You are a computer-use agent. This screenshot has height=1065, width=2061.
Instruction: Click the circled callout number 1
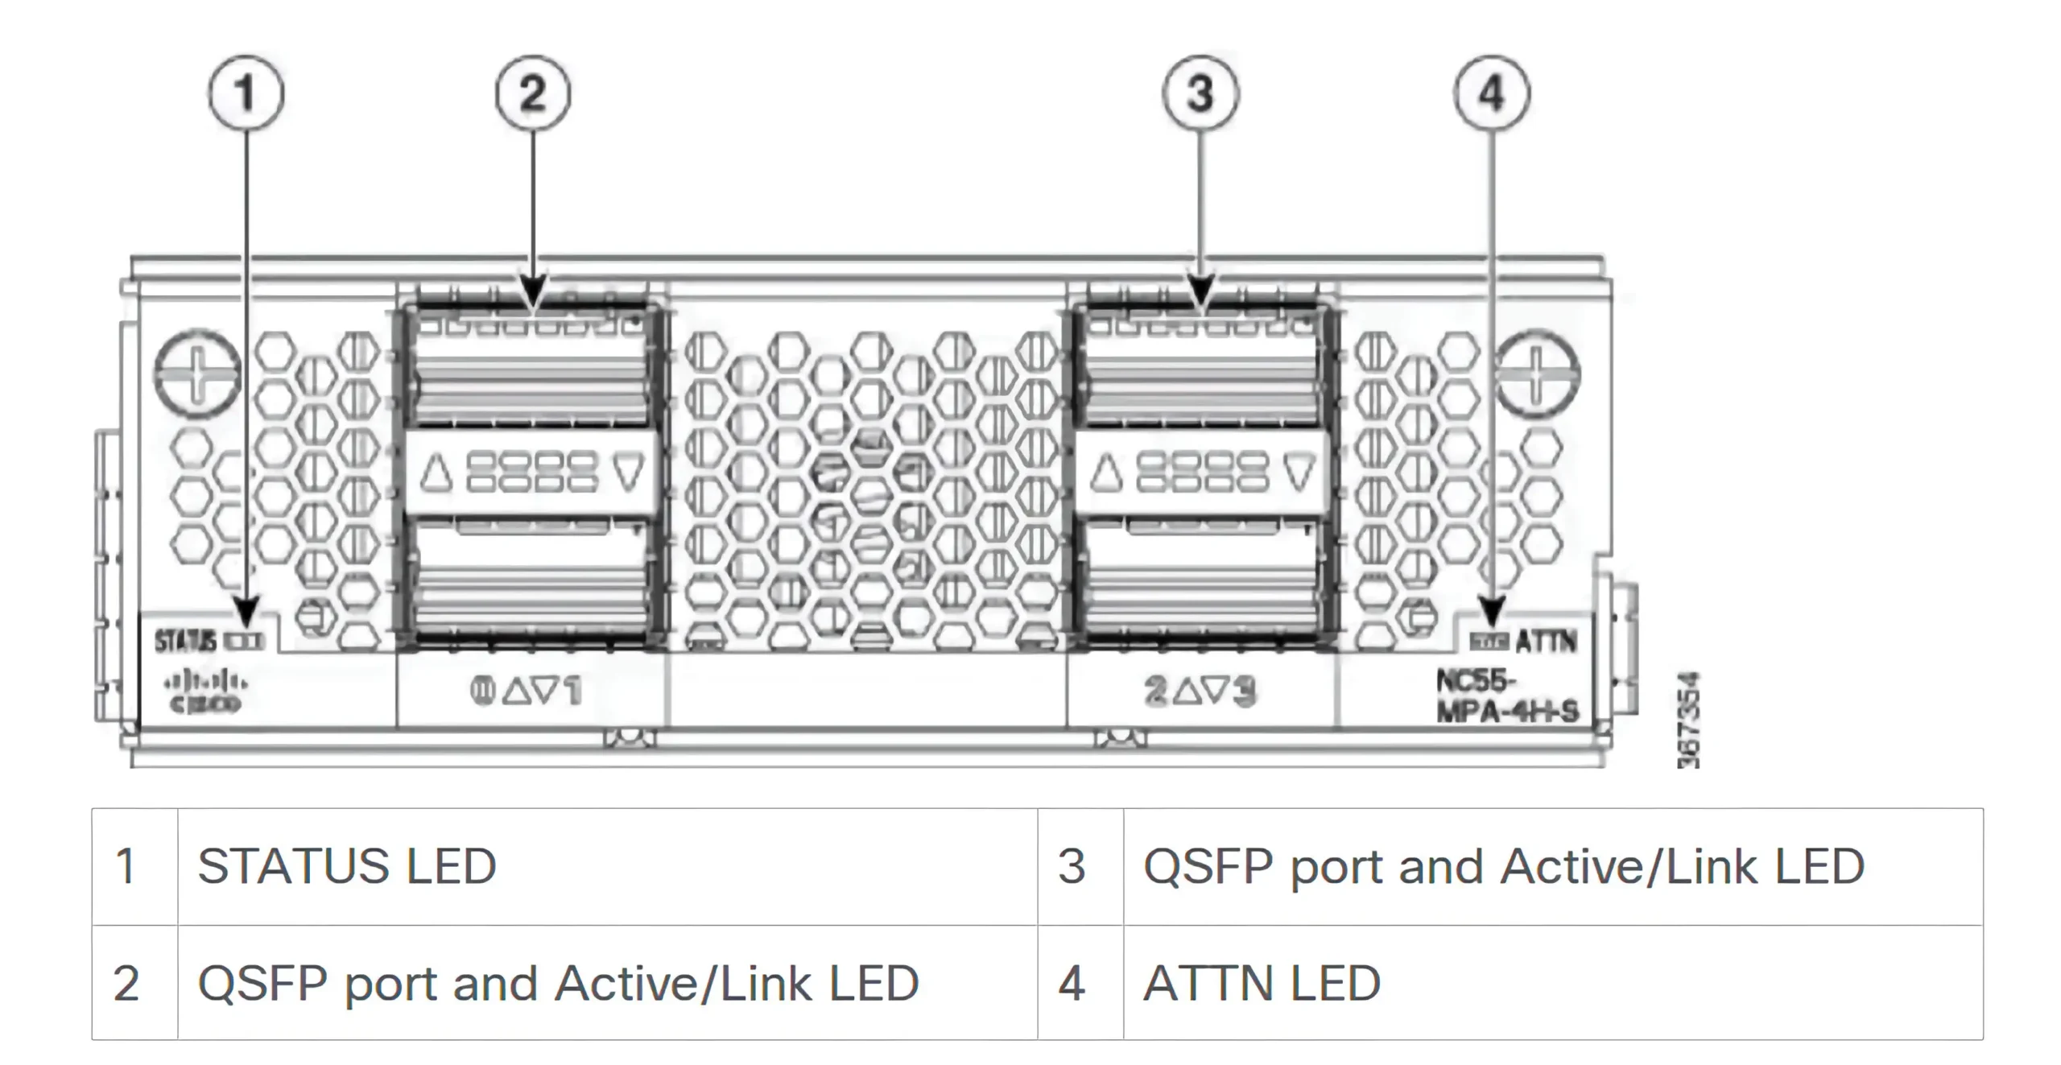pos(246,93)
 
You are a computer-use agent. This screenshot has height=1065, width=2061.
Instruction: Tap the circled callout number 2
pos(532,93)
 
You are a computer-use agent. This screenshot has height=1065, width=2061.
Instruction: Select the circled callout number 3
pos(1200,93)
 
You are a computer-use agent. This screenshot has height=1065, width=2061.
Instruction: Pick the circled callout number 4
pos(1492,93)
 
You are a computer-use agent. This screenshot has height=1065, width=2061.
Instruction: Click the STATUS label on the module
pos(185,641)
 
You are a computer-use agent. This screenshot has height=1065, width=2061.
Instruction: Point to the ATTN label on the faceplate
pos(1546,642)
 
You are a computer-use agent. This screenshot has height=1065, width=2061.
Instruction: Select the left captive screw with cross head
pos(197,372)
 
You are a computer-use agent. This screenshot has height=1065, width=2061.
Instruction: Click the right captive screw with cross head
pos(1536,374)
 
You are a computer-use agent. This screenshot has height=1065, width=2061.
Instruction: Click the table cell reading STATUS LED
pos(347,866)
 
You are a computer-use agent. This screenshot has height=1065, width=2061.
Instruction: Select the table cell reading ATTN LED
pos(1262,983)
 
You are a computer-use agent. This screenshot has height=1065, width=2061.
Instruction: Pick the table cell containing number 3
pos(1072,866)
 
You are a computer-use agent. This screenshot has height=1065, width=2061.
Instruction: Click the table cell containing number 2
pos(126,983)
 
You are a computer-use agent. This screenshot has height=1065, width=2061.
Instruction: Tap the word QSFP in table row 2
pos(262,983)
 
